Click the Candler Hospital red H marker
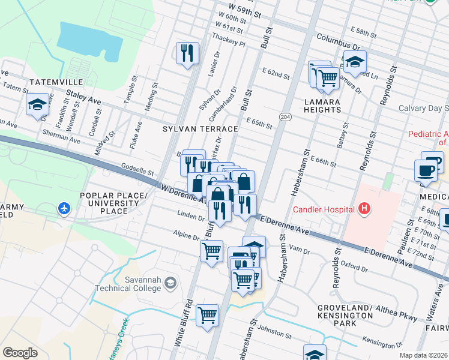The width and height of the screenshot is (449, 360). pos(363,209)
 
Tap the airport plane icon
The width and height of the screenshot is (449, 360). pos(64,209)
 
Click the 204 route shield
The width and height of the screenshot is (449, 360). pos(286,116)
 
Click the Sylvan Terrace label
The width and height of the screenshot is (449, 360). pos(193,128)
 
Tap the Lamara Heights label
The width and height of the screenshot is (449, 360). pos(322,106)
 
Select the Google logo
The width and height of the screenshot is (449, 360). pos(20,352)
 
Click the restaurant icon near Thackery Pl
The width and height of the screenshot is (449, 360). pos(188,53)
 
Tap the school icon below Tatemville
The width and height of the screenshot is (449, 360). pos(37,104)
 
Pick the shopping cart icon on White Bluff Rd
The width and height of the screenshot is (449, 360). pos(207,314)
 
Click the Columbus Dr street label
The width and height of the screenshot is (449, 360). pos(338,41)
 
